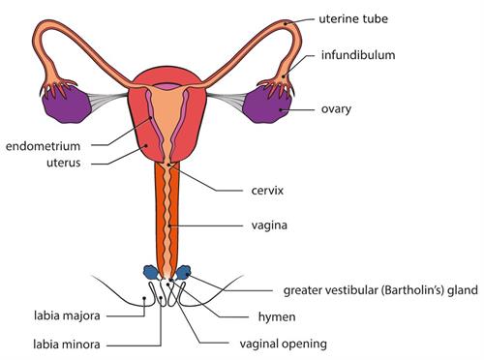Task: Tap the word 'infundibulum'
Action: pyautogui.click(x=358, y=55)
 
